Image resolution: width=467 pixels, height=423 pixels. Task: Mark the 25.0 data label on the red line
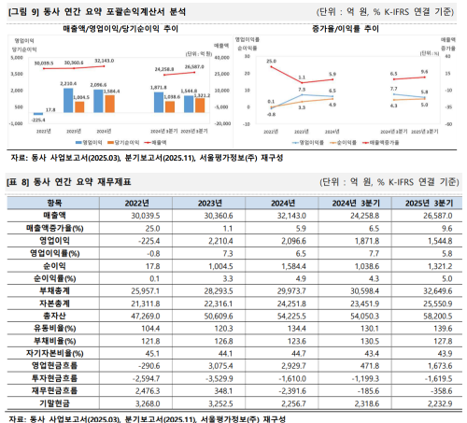[270, 61]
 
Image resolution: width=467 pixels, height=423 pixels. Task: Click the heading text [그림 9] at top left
[22, 10]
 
